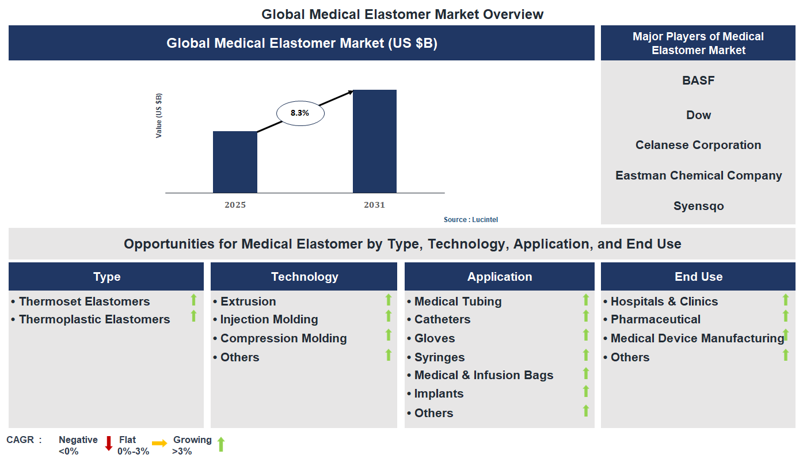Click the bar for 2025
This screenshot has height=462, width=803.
point(235,162)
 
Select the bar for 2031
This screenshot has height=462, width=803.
point(374,142)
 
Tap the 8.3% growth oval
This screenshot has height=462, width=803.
point(300,113)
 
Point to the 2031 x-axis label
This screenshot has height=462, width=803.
point(374,205)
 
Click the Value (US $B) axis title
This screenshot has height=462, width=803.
point(159,116)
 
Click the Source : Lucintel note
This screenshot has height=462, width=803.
point(470,220)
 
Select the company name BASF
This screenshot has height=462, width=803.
point(698,81)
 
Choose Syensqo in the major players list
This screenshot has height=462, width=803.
point(698,206)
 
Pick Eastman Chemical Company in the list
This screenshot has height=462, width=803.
point(698,175)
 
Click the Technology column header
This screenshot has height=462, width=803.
point(304,277)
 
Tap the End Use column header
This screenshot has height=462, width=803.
point(698,277)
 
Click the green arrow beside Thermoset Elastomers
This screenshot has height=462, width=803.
point(193,300)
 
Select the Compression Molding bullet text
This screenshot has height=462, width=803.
point(283,338)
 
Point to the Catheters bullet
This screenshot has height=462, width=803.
point(442,319)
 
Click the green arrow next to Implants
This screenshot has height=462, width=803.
point(586,392)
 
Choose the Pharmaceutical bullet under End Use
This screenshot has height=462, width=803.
point(655,319)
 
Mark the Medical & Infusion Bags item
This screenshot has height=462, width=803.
point(484,375)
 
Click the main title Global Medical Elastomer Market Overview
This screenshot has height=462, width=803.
point(402,14)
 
